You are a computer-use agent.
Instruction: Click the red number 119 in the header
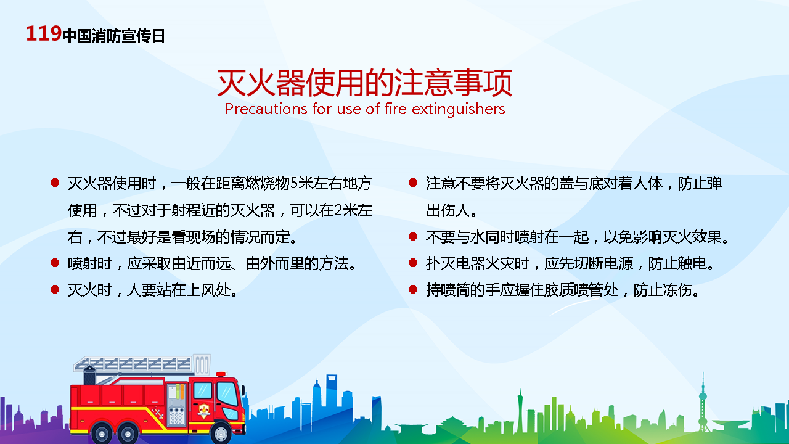[x=44, y=34]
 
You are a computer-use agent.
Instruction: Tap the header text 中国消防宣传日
[x=113, y=36]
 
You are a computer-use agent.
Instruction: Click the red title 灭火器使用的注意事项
[x=364, y=83]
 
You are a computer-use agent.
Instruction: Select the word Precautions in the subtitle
[x=266, y=109]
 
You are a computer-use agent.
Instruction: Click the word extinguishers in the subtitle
[x=458, y=110]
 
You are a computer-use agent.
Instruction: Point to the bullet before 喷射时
[x=55, y=263]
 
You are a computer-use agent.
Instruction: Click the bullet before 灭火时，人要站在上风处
[x=55, y=290]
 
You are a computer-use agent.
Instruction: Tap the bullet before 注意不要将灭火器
[x=413, y=183]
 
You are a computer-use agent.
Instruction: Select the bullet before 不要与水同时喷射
[x=413, y=236]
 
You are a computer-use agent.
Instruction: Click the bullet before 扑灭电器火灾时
[x=413, y=263]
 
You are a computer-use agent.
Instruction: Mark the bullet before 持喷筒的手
[x=413, y=290]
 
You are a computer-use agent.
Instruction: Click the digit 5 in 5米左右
[x=293, y=183]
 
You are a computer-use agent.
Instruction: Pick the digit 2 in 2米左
[x=338, y=210]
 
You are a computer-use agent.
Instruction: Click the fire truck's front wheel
[x=221, y=433]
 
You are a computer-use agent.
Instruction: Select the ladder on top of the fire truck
[x=133, y=364]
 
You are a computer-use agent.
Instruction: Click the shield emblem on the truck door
[x=204, y=411]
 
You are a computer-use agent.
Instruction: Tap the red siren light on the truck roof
[x=221, y=374]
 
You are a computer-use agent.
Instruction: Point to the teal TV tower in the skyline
[x=703, y=401]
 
